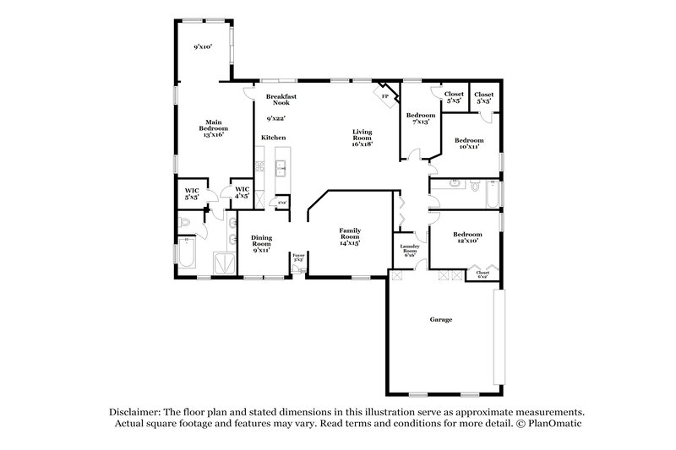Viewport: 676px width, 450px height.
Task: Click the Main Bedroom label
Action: [x=213, y=128]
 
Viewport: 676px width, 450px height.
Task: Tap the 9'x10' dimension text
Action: [x=201, y=46]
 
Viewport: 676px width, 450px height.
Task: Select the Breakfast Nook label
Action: [x=280, y=100]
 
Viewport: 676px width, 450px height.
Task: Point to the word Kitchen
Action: [x=273, y=137]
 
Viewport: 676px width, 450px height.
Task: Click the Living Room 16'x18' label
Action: [x=363, y=137]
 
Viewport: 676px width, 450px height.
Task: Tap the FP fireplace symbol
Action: [x=385, y=97]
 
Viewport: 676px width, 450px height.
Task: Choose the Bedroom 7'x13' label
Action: [x=420, y=118]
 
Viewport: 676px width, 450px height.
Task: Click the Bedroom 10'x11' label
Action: [x=468, y=143]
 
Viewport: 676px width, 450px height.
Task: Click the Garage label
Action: [x=440, y=320]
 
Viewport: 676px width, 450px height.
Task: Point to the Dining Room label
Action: [x=261, y=244]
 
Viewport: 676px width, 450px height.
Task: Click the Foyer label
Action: [x=298, y=257]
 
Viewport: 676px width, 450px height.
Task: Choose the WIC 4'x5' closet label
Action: [x=242, y=192]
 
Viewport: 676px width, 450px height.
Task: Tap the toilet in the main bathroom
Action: [x=185, y=223]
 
